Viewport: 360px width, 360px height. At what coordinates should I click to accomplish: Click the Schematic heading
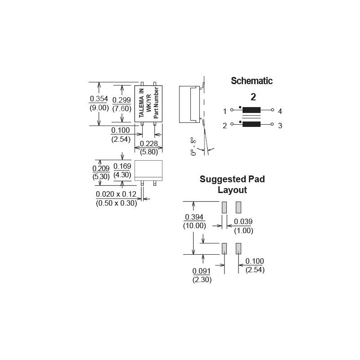tap(252, 81)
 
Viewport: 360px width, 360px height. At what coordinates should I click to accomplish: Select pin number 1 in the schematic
tap(225, 111)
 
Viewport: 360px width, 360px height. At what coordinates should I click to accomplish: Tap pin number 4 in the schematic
tap(279, 111)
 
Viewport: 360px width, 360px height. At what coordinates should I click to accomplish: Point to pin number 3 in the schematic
tap(279, 126)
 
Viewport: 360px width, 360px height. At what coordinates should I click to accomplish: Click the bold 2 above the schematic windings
tap(253, 97)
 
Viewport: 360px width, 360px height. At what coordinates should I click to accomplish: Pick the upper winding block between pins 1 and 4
tap(252, 110)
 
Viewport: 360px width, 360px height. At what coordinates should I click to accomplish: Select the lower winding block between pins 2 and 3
tap(252, 125)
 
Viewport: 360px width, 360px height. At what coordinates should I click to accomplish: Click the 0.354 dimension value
tap(99, 99)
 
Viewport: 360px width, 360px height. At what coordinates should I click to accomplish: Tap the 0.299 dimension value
tap(121, 100)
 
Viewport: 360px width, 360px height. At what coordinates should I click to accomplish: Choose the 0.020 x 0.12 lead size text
tap(116, 194)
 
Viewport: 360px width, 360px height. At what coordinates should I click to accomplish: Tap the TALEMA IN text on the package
tap(142, 104)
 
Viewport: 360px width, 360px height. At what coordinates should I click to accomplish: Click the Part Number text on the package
tap(156, 104)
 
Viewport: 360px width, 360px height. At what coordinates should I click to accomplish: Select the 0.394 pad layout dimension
tap(193, 217)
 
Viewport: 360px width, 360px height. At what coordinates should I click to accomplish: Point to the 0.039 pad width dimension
tap(244, 222)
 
